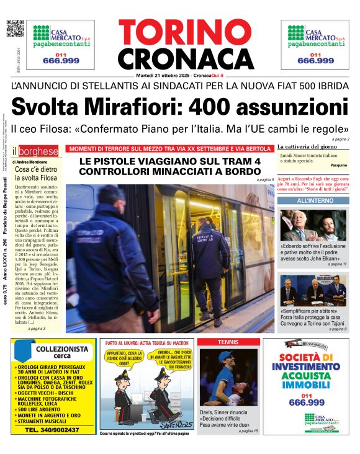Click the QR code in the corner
click(15, 29)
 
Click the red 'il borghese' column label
click(37, 151)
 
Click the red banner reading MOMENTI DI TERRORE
click(169, 149)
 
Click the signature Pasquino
click(338, 166)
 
